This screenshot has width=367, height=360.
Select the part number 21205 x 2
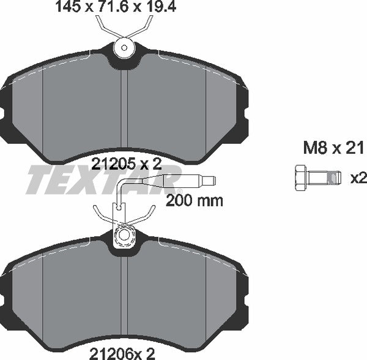pyautogui.click(x=125, y=164)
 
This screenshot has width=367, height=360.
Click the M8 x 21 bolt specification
pyautogui.click(x=334, y=148)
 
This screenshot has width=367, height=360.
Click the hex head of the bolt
pyautogui.click(x=300, y=178)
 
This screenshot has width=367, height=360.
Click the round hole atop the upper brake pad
pyautogui.click(x=125, y=47)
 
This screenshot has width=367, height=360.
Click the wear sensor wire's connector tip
pyautogui.click(x=209, y=181)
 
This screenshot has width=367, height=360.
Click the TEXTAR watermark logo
pyautogui.click(x=92, y=179)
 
